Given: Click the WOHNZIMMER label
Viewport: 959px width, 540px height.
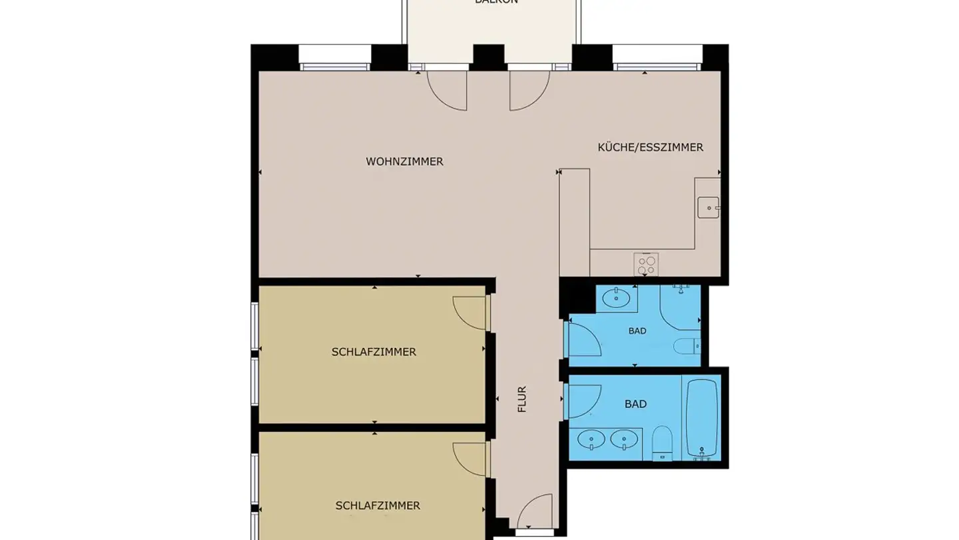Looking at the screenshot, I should (404, 162).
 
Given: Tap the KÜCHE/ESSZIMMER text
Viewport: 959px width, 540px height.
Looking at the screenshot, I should (650, 147).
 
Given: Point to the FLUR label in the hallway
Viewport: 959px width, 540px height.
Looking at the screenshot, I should (522, 399).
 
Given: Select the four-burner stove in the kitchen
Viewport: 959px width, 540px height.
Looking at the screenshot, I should (645, 265).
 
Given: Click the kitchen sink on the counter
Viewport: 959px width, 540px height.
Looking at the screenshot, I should (708, 207).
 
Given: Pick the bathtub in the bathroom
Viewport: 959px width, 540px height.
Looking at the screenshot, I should (702, 419).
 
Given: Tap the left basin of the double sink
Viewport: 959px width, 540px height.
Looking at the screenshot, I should (591, 439).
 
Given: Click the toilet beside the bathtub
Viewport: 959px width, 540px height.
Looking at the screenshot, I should (662, 443).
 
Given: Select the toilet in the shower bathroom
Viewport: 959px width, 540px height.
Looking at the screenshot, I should (686, 346).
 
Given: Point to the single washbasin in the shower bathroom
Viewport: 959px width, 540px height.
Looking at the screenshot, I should (617, 298).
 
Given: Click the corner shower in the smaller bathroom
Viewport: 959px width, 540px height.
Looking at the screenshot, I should (679, 307).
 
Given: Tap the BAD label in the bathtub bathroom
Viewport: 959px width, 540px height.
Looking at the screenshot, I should (635, 404).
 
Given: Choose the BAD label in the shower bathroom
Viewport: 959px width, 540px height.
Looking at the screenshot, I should (637, 331).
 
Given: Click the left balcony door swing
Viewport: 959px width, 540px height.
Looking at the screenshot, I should (448, 90).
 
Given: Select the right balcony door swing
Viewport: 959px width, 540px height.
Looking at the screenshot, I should (529, 90).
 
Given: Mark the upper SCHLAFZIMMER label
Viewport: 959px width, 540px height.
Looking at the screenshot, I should (374, 352).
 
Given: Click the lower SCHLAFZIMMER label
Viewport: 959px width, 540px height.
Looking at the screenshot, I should (378, 506).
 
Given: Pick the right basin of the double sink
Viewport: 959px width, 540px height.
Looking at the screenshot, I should (624, 439).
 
